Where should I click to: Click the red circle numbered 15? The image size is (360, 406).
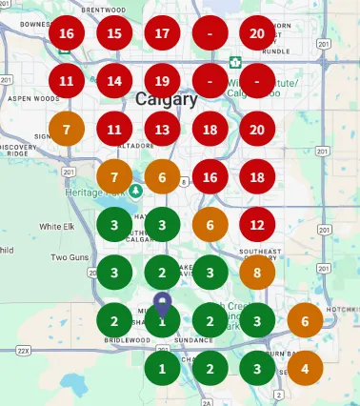tap(114, 34)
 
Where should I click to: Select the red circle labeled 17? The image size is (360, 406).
tap(162, 34)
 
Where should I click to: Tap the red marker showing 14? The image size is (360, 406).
tap(114, 81)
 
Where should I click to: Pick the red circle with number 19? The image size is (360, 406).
tap(162, 81)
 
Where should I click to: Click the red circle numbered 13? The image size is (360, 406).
tap(162, 129)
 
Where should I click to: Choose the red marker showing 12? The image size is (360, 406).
tap(257, 225)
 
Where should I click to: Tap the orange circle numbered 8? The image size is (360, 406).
tap(257, 273)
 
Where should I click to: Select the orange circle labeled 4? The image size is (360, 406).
tap(305, 368)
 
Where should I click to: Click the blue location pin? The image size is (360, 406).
tap(162, 306)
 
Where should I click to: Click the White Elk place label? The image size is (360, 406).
tap(56, 227)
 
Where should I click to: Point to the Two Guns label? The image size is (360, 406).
tap(70, 257)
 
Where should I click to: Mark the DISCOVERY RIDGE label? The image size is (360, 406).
tap(17, 152)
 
